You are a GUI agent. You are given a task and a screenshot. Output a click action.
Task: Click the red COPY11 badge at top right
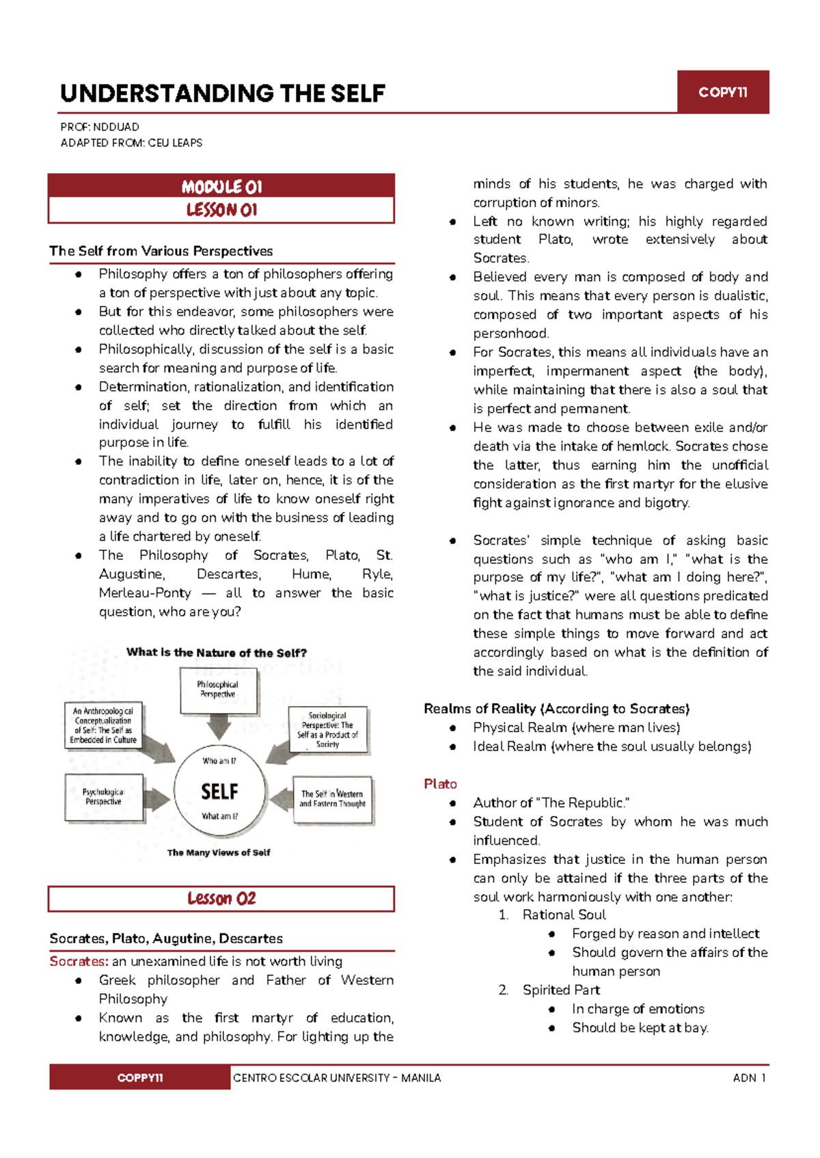(x=722, y=92)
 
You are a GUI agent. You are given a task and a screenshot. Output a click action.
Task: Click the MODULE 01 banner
(x=221, y=186)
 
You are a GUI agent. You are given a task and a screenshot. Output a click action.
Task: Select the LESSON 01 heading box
(x=221, y=210)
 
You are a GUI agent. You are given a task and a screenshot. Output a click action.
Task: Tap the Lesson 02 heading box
(x=221, y=898)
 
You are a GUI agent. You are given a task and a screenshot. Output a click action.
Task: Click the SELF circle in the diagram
(x=219, y=791)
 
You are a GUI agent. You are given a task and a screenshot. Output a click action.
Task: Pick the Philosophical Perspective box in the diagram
(x=217, y=690)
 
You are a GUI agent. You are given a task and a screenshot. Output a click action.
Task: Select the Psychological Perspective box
(x=103, y=797)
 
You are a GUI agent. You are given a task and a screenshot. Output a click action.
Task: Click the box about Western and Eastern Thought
(x=333, y=799)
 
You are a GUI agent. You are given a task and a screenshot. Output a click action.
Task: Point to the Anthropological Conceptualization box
(x=104, y=725)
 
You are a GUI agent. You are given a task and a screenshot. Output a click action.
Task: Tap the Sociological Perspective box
(x=327, y=729)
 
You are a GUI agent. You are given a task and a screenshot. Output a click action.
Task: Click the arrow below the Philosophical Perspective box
(x=219, y=727)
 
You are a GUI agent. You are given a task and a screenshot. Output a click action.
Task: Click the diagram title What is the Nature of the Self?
(x=217, y=653)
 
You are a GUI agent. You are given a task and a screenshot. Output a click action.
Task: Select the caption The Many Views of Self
(x=219, y=852)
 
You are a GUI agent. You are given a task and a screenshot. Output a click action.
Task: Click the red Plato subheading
(x=440, y=784)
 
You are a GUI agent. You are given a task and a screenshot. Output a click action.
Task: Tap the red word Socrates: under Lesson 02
(x=79, y=961)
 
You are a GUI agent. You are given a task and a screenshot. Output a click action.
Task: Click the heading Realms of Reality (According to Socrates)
(x=556, y=709)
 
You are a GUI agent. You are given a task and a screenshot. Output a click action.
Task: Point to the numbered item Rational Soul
(x=564, y=915)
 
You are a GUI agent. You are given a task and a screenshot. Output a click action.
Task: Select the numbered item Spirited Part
(x=561, y=990)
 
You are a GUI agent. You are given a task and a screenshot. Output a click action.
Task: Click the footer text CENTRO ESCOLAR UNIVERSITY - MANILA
(x=337, y=1078)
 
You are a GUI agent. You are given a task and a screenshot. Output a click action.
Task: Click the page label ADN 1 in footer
(x=749, y=1078)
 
